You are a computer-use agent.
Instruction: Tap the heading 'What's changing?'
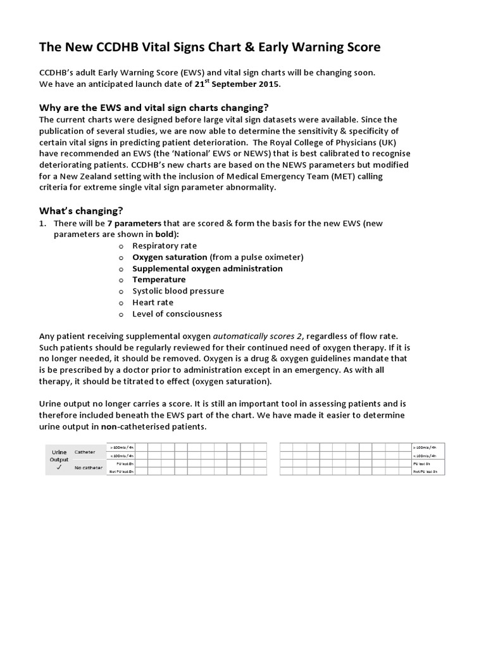click(81, 210)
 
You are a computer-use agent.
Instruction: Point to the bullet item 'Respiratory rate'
click(164, 245)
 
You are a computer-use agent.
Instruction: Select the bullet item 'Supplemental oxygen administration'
click(207, 268)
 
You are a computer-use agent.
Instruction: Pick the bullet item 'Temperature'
click(159, 280)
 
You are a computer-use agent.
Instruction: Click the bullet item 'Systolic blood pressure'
click(178, 291)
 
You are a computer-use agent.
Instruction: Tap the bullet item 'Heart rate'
click(153, 302)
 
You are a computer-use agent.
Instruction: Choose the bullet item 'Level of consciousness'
click(177, 314)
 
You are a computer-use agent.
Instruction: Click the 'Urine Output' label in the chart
click(59, 456)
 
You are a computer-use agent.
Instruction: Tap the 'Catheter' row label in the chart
click(85, 452)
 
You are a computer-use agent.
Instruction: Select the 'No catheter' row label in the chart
click(88, 468)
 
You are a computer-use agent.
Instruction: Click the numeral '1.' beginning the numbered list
click(43, 223)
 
